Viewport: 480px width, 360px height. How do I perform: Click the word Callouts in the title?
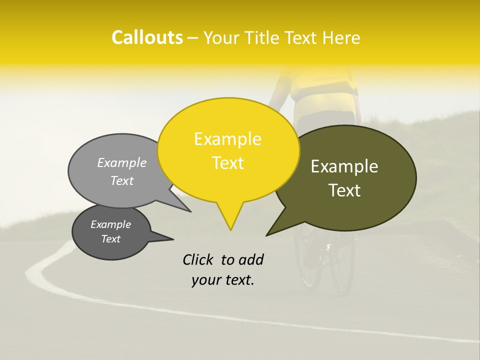tap(147, 37)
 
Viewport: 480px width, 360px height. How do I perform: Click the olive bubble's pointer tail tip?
tap(267, 234)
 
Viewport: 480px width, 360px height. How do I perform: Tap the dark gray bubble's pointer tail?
tap(170, 238)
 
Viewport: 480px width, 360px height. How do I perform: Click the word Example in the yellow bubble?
tap(227, 139)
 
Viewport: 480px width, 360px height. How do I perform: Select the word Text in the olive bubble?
tap(344, 190)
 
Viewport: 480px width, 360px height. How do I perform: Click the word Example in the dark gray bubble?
tap(110, 224)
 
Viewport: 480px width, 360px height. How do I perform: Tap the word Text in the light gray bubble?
tap(122, 180)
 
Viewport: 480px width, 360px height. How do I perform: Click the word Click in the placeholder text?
tap(198, 259)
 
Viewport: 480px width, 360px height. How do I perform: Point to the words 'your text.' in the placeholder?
tap(223, 280)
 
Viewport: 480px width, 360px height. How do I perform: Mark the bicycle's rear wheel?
tap(342, 265)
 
